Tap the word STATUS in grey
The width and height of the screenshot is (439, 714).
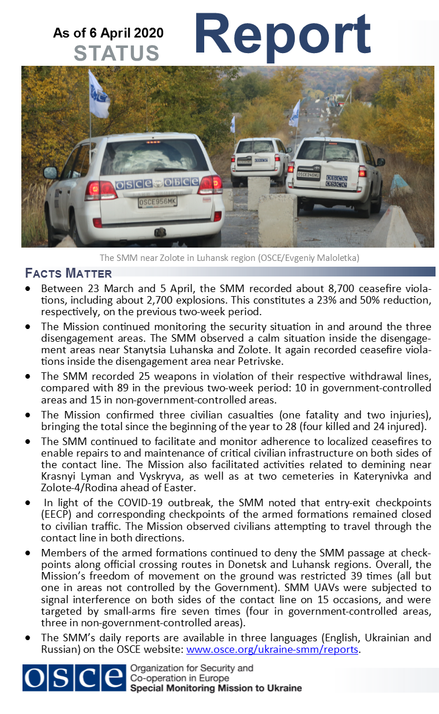[117, 53]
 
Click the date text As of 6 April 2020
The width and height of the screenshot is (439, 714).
[108, 33]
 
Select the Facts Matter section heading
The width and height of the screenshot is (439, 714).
[69, 273]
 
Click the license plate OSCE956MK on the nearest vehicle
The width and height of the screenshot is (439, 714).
[157, 202]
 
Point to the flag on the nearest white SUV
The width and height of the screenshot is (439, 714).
[98, 94]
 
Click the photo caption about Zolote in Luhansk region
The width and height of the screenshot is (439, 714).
[229, 258]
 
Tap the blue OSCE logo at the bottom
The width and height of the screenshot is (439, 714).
[74, 678]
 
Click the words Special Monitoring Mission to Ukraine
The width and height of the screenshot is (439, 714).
[216, 688]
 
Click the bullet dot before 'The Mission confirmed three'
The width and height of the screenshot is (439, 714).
[28, 414]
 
